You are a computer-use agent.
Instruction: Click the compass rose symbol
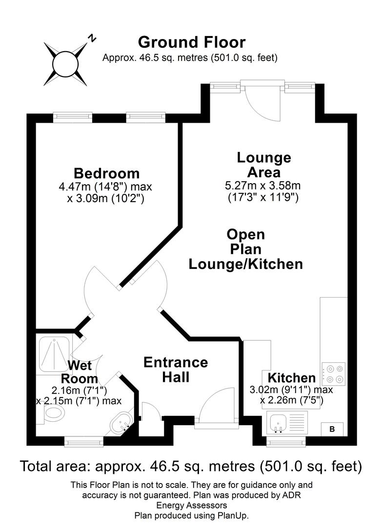[65, 64]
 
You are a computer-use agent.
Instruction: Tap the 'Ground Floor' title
[191, 42]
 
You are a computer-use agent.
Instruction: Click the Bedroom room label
[106, 173]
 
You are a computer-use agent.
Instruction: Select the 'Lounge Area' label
[263, 165]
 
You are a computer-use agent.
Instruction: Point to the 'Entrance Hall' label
[176, 369]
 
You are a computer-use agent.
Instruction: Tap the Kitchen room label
[291, 378]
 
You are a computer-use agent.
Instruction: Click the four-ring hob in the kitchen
[333, 374]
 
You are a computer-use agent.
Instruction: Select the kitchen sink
[280, 421]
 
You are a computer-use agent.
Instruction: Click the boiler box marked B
[332, 429]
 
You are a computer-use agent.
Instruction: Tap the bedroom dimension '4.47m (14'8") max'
[106, 187]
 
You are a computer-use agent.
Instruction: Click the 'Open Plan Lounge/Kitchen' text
[246, 249]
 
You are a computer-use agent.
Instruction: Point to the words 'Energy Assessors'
[191, 505]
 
